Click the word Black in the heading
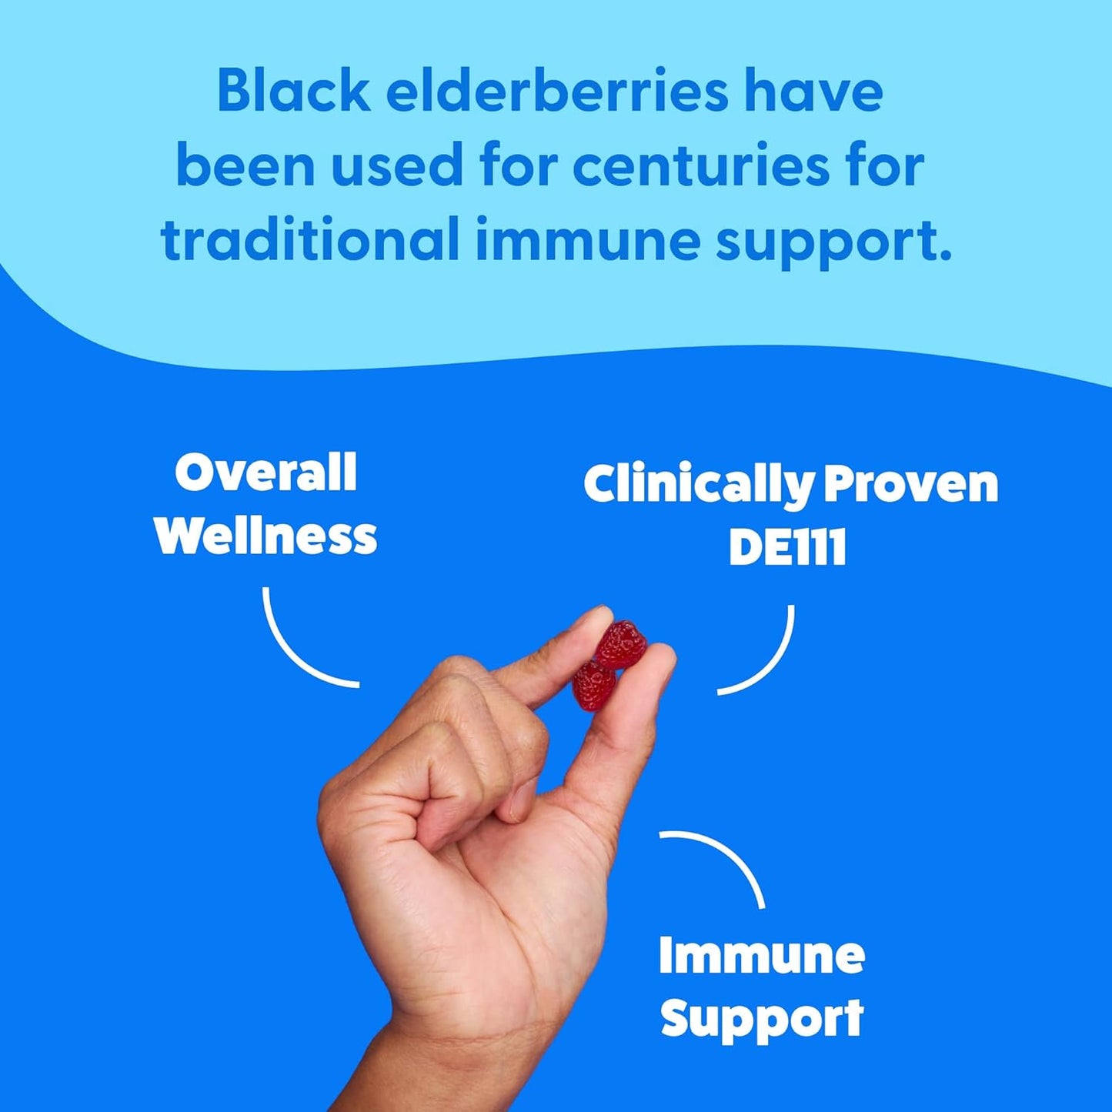coord(294,92)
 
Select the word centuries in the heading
coord(700,165)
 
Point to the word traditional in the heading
coord(309,239)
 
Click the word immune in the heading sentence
coord(586,239)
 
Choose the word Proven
coord(911,485)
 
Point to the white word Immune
coord(762,955)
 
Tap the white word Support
coord(762,1019)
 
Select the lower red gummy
coord(594,686)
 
